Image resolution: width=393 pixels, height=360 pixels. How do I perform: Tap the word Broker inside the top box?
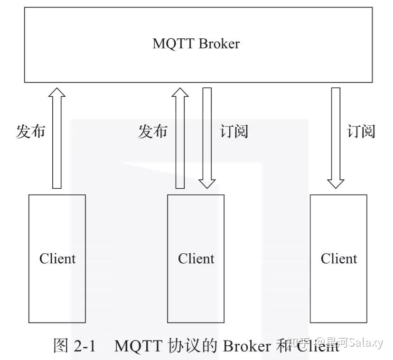219,44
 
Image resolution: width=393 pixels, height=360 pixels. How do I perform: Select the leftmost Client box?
57,258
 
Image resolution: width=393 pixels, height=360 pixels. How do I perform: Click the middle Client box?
196,258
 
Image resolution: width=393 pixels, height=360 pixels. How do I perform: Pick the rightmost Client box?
338,258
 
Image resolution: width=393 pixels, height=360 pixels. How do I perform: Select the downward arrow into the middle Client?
207,138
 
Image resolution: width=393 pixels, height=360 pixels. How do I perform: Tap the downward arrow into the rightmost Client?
336,138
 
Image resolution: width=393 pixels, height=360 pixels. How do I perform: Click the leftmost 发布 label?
31,131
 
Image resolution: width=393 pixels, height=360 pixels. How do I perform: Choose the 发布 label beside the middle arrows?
152,131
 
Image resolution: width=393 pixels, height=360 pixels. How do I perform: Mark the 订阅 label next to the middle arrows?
234,131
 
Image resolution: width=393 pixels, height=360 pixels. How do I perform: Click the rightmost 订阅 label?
361,131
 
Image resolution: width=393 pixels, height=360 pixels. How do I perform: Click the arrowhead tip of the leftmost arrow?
57,89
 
